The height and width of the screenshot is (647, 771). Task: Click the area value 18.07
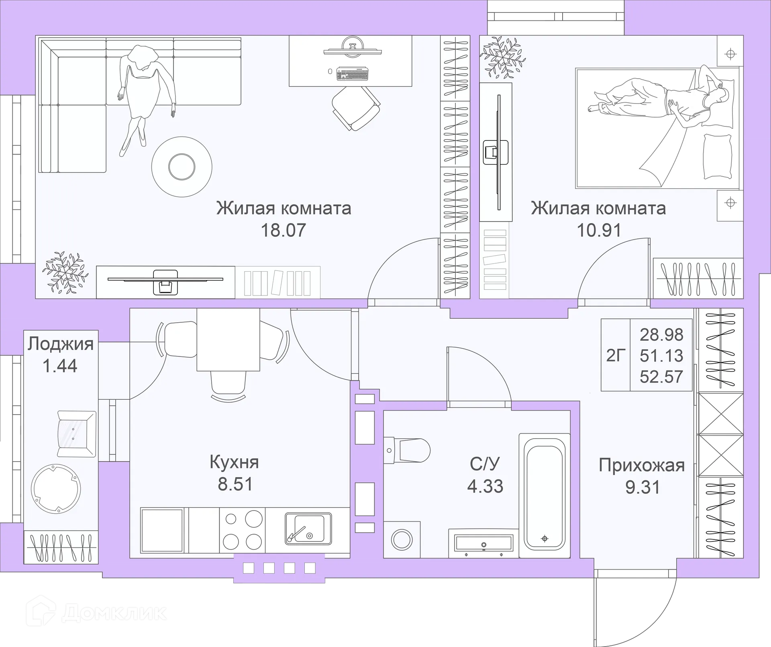[283, 230]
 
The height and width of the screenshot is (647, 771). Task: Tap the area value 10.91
[599, 230]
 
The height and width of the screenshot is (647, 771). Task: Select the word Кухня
[234, 462]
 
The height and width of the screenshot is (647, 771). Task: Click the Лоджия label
[61, 344]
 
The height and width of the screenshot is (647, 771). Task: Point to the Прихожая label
[641, 466]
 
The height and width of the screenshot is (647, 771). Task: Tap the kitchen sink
[308, 529]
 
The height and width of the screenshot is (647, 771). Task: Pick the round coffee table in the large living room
[182, 167]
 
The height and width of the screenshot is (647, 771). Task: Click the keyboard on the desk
[352, 74]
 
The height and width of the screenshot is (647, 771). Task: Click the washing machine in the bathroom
[402, 539]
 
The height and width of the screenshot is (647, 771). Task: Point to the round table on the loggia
[56, 489]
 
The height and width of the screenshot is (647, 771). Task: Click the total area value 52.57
[661, 377]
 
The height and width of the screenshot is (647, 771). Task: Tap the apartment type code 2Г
[616, 355]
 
